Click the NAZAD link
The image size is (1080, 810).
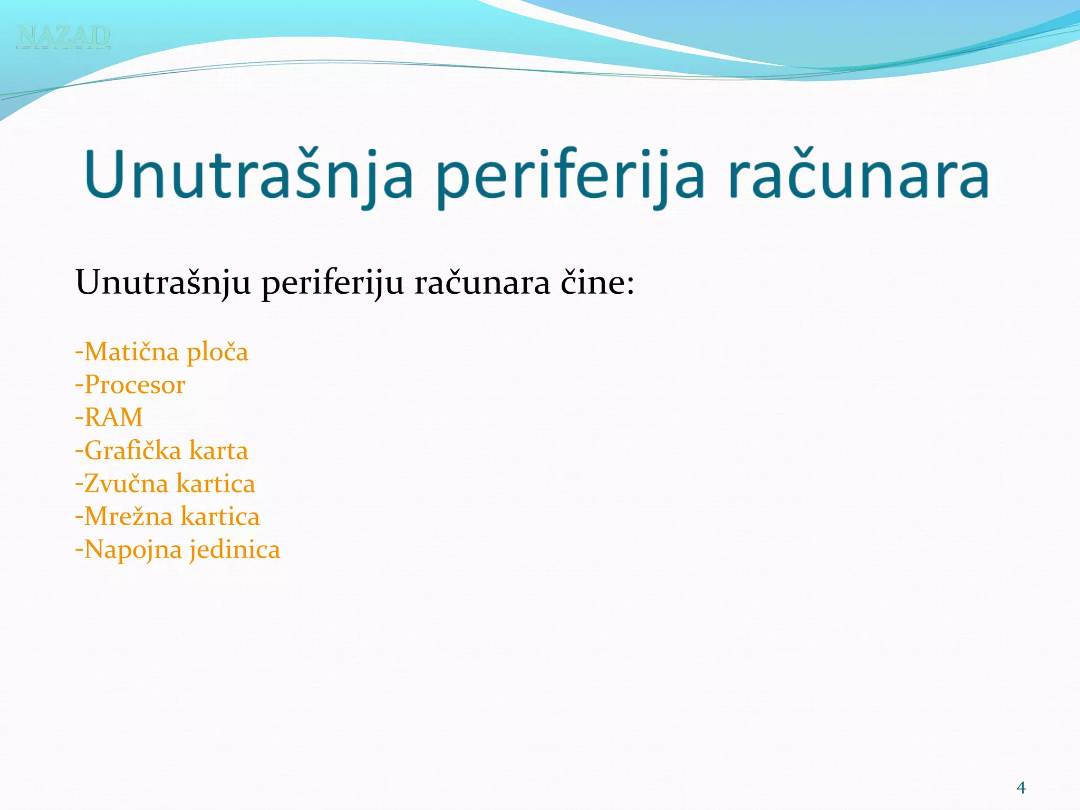(63, 36)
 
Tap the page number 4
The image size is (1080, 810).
(1021, 788)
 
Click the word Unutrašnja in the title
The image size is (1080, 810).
(248, 174)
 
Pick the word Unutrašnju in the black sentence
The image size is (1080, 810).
(163, 283)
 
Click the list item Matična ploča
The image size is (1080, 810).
(161, 352)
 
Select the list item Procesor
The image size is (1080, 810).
(130, 385)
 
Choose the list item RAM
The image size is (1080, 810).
(109, 418)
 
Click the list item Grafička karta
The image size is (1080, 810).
(161, 451)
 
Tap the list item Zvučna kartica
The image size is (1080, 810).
(165, 484)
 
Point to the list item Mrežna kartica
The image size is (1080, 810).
(167, 516)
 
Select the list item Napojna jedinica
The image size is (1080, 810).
(178, 549)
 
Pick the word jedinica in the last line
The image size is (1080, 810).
(235, 549)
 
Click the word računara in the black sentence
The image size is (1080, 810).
(482, 283)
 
